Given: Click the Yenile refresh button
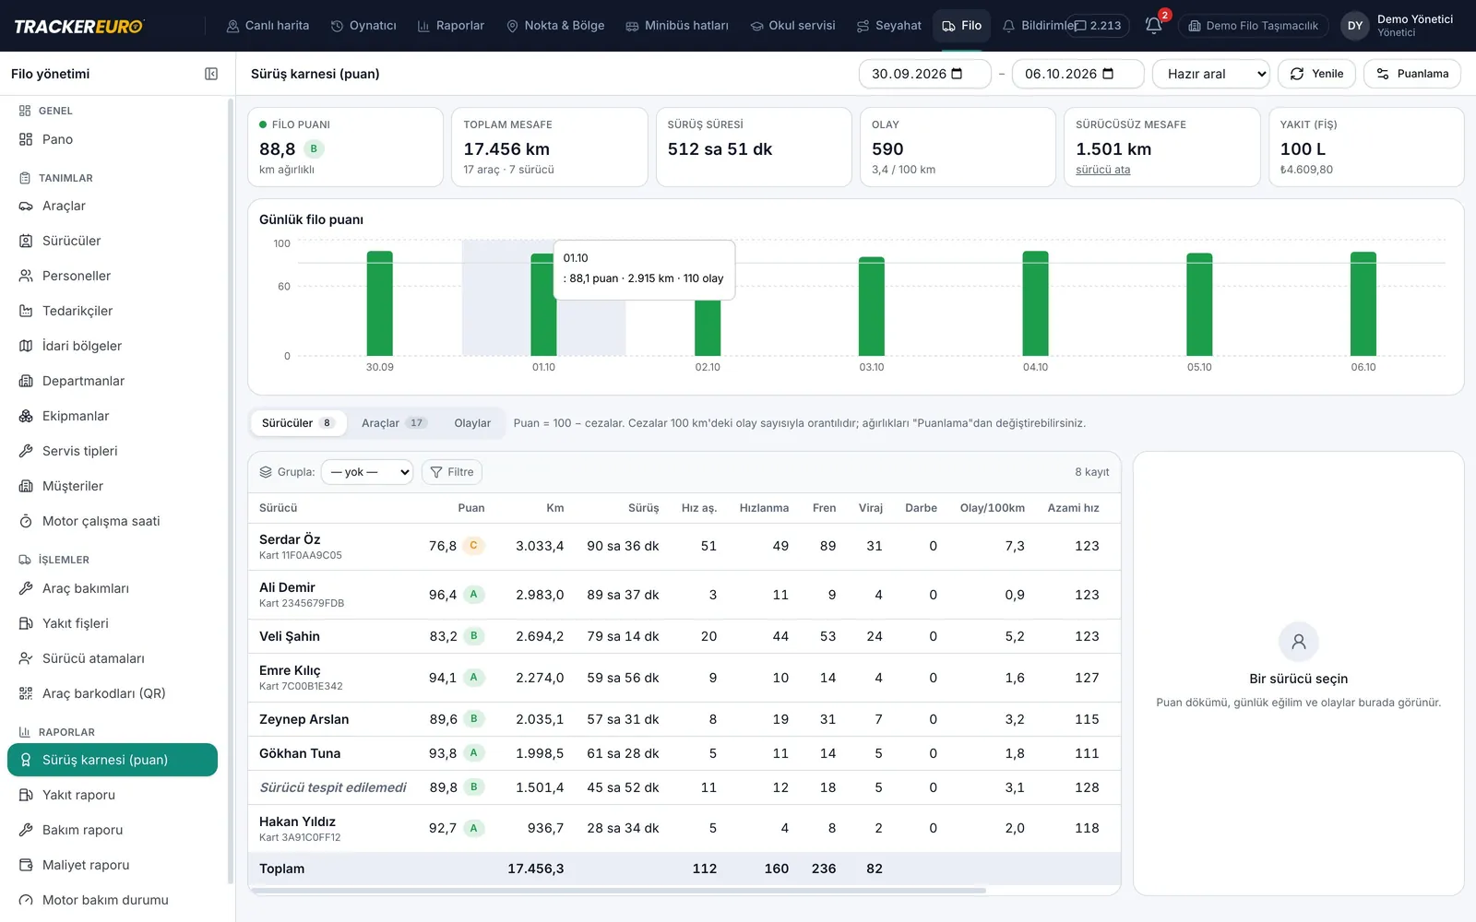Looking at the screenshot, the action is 1315,74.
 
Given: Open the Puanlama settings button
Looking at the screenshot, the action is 1411,74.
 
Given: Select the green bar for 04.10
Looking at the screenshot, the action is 1035,303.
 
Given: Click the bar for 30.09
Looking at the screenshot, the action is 379,303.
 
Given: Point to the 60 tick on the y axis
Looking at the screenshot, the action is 283,287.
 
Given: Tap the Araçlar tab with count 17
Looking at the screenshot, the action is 394,423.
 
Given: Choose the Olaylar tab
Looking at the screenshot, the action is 472,423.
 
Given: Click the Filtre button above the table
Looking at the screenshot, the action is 452,471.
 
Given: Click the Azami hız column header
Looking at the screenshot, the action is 1073,508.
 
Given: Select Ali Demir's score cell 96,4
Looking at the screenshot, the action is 443,595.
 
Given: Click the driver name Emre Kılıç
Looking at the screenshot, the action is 290,670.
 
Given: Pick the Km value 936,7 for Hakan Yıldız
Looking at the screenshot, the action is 545,828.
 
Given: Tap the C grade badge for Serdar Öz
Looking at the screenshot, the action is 473,545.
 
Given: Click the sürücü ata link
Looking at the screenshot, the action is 1102,170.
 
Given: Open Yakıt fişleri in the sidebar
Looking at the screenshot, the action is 75,623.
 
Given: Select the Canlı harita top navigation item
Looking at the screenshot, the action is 268,26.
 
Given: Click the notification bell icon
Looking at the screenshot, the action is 1153,26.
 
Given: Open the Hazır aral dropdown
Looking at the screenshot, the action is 1211,74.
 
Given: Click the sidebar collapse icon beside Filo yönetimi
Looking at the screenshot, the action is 211,74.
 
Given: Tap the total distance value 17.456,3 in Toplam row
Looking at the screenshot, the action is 536,869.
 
